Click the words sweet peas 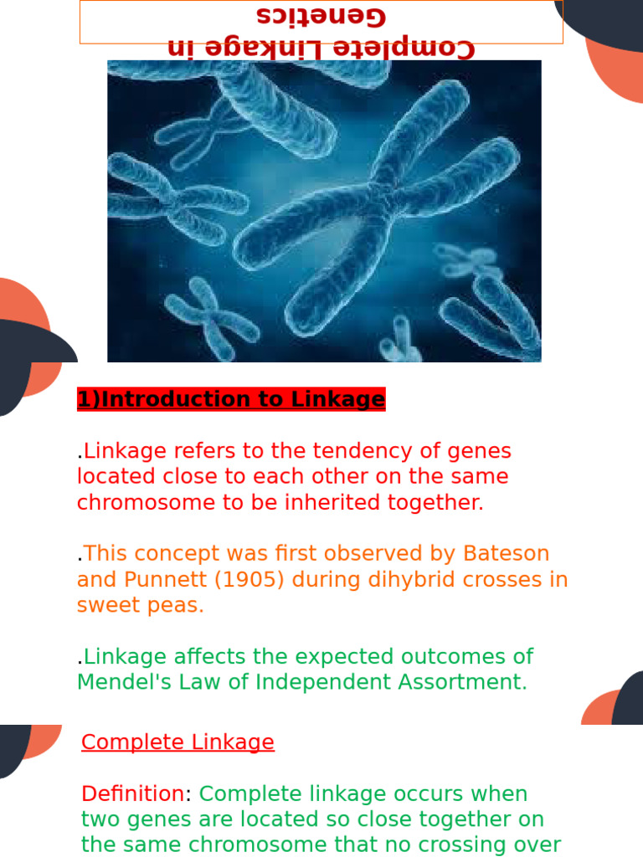coord(140,605)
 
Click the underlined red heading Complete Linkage coord(177,742)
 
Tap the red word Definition coord(132,793)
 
